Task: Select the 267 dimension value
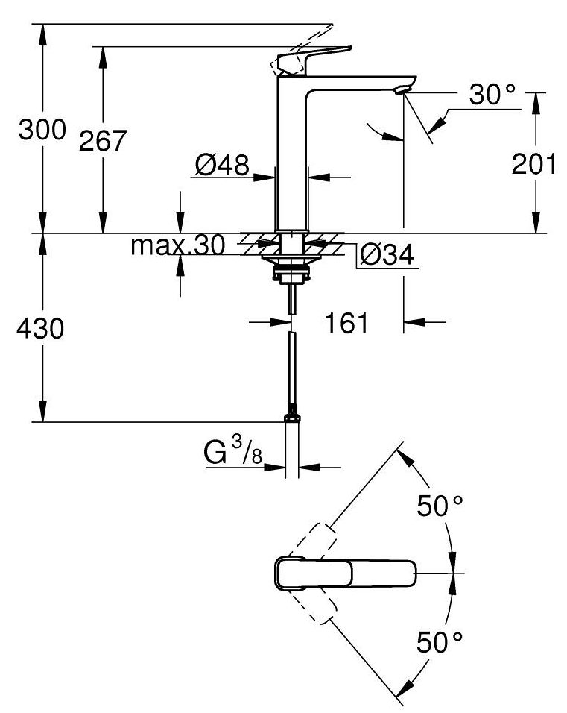(x=103, y=140)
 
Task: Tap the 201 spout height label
(x=533, y=163)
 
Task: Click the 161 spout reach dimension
(x=346, y=323)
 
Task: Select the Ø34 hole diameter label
(x=385, y=256)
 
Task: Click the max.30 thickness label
(x=177, y=245)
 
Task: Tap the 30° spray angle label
(x=492, y=94)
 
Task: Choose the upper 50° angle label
(x=440, y=507)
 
